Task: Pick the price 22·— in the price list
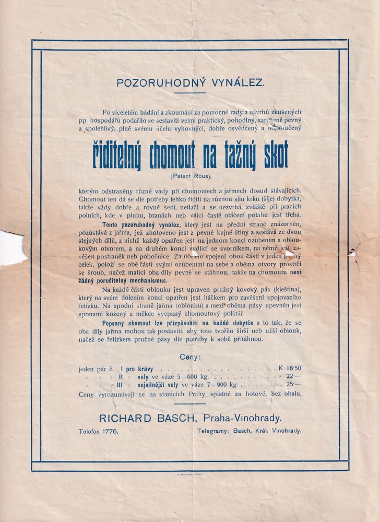294,376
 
